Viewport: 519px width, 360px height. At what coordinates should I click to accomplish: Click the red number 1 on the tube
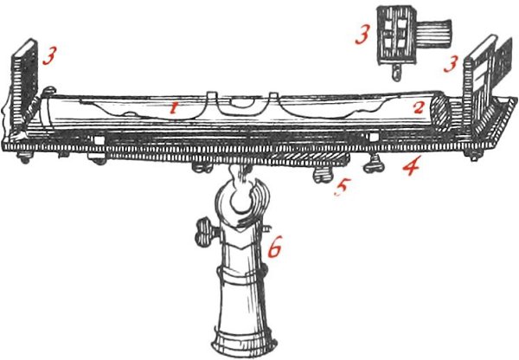tap(172, 108)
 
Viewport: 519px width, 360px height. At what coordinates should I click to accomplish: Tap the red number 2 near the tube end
tap(418, 107)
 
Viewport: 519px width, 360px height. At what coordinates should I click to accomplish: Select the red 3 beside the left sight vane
tap(49, 55)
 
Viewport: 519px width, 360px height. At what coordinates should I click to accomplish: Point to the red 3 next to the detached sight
tap(362, 35)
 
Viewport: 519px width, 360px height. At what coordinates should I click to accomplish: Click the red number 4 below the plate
tap(412, 165)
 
